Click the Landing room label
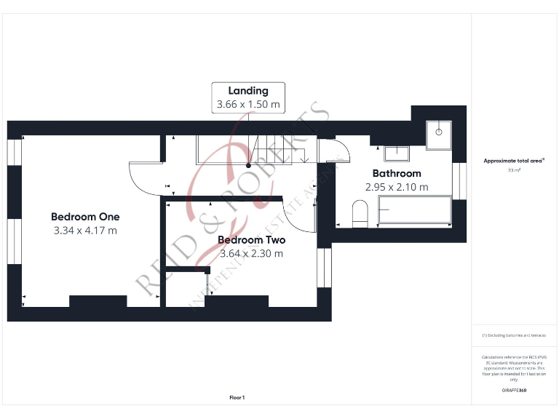248,91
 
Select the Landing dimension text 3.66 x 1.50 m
248,105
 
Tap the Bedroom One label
85,217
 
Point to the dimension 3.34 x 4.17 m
85,231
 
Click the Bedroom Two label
251,240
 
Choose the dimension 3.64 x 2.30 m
251,254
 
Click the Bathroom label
397,174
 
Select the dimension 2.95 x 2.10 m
397,187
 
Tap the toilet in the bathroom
360,214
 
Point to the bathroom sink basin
397,153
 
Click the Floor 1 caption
237,398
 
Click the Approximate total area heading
513,161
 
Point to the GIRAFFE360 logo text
513,391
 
